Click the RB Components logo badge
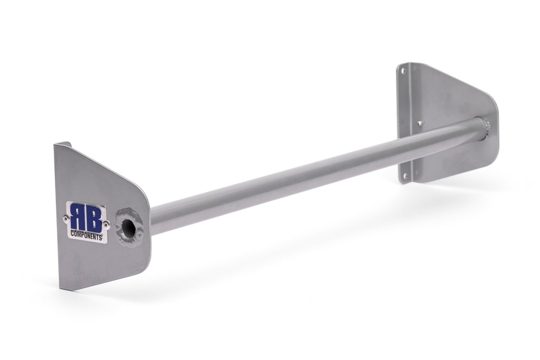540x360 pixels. (87, 222)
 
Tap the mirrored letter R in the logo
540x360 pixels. (79, 217)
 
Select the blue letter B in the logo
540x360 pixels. (94, 218)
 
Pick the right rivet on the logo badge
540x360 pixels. (107, 225)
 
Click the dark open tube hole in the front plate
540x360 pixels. (129, 227)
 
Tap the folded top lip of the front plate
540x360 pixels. (63, 144)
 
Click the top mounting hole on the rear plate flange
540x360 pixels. (404, 70)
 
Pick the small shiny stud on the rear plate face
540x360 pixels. (420, 124)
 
